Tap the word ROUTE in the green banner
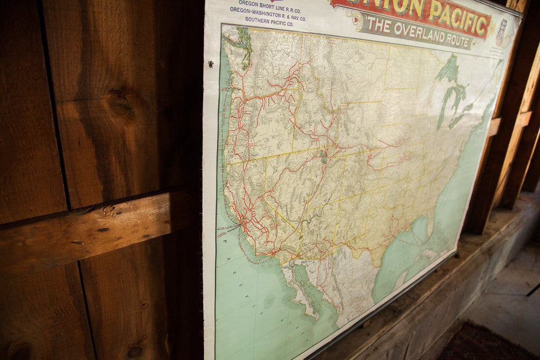pyautogui.click(x=455, y=38)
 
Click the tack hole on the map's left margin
pyautogui.click(x=210, y=64)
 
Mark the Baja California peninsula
pyautogui.click(x=294, y=286)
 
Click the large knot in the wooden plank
pyautogui.click(x=120, y=104)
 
